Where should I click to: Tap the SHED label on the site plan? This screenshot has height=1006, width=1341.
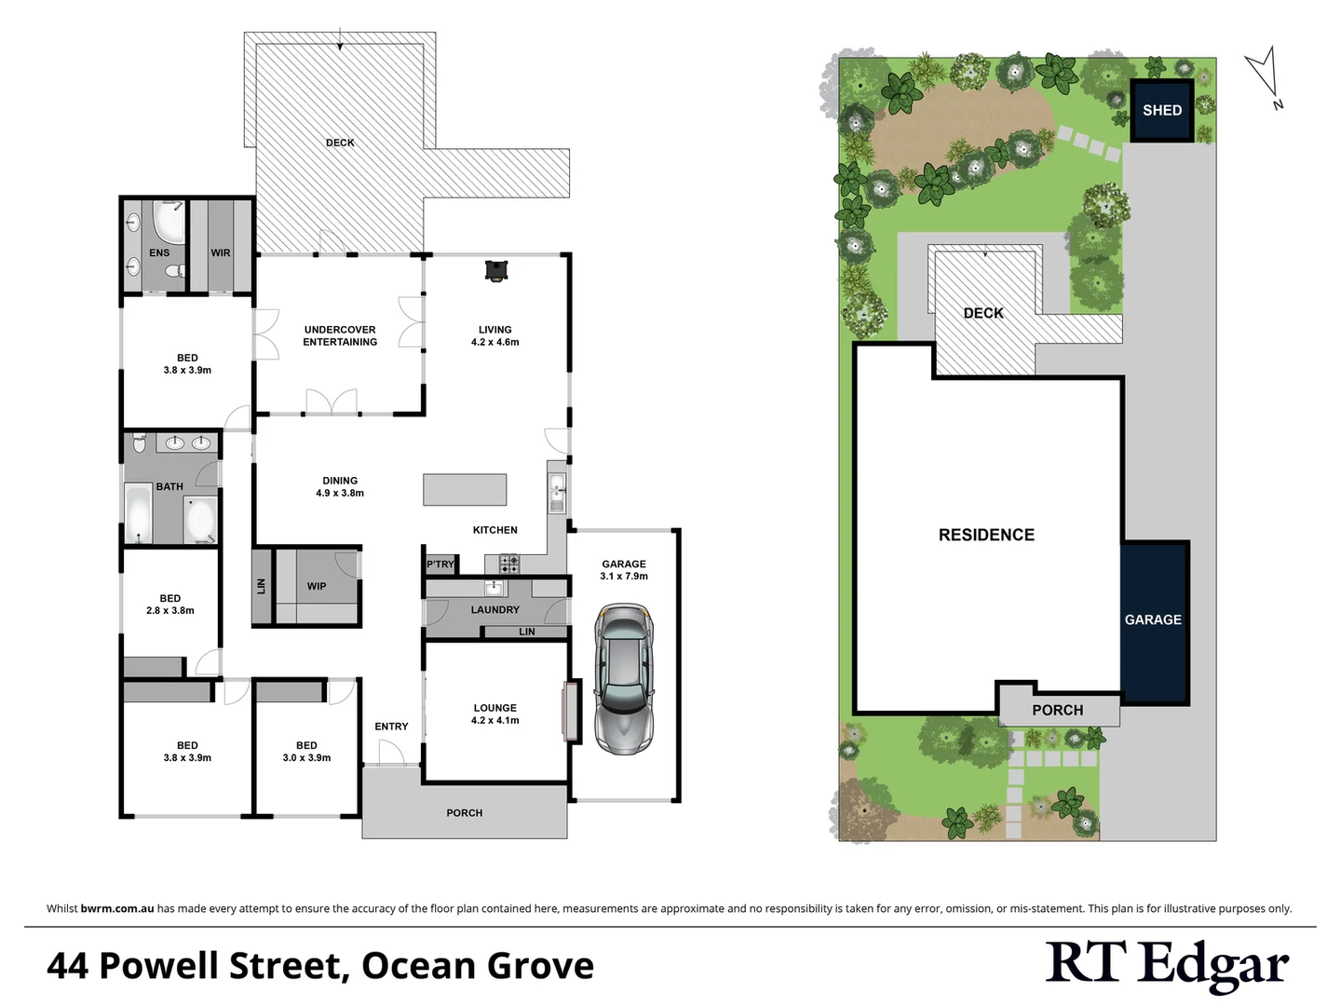coord(1161,111)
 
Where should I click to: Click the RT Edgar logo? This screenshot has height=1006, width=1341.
coord(1167,966)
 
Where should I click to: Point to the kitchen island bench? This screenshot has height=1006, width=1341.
coord(465,489)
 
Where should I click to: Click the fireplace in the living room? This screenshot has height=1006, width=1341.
coord(496,270)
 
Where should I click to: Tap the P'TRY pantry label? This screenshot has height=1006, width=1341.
coord(440,564)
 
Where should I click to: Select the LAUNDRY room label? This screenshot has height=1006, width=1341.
coord(494,610)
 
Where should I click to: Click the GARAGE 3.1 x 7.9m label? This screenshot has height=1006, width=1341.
coord(624,570)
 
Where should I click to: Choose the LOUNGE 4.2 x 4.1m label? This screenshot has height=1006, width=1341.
coord(494,714)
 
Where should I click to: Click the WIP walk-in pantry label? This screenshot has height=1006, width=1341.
coord(317,586)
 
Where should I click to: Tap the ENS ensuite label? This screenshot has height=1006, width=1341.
coord(159,252)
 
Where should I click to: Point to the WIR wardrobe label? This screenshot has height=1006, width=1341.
coord(221,252)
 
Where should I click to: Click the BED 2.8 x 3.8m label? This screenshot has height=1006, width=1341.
coord(170,605)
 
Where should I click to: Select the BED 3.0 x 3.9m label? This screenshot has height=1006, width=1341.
coord(306,752)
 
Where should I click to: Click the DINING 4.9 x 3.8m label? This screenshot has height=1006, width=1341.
coord(340,486)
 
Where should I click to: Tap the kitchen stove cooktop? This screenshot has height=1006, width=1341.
coord(509,564)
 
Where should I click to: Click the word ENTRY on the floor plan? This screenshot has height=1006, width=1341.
coord(391,727)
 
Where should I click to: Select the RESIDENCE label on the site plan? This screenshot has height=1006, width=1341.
coord(986,535)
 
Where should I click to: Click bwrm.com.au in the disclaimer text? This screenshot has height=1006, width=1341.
coord(117,908)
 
